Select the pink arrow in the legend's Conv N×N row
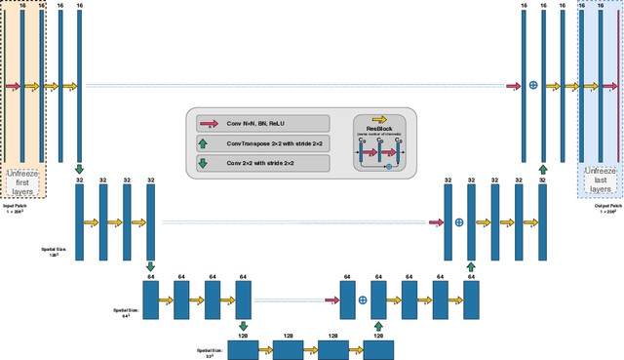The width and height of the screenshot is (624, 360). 208,124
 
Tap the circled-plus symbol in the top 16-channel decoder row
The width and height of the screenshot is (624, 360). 533,86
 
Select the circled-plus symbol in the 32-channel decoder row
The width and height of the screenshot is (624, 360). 459,222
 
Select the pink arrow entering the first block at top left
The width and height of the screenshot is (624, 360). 12,86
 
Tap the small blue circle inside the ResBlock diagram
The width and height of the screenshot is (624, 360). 388,168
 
